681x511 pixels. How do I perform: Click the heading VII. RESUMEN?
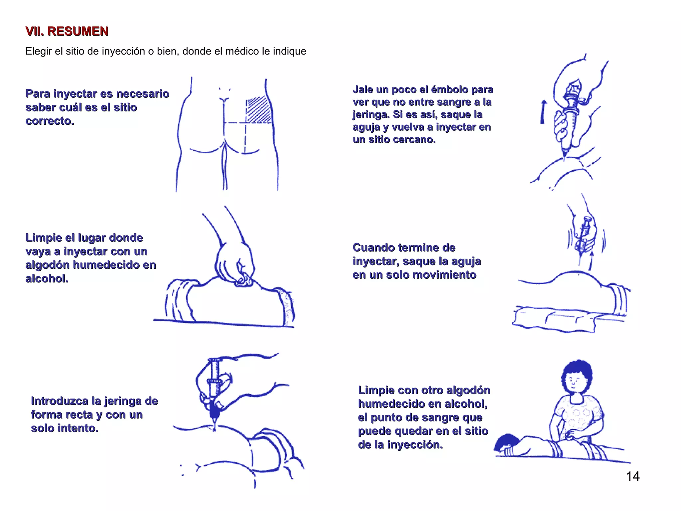pos(67,31)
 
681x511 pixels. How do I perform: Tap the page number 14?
pos(633,476)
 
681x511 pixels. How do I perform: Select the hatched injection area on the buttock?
pos(259,109)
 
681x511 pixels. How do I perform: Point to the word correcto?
pos(50,121)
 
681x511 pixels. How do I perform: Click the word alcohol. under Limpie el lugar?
pos(47,278)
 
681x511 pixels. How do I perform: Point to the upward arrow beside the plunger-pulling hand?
pos(543,112)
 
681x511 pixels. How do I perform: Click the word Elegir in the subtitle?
pos(39,52)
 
